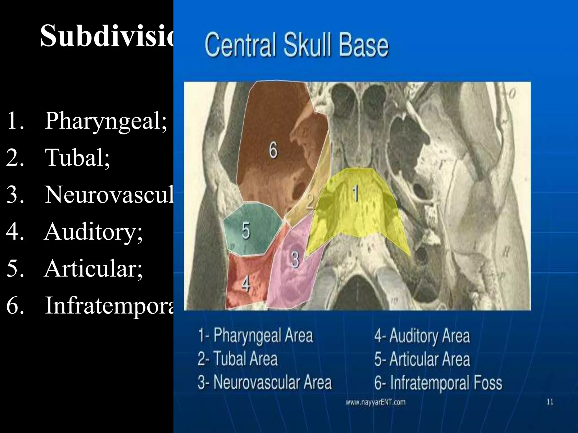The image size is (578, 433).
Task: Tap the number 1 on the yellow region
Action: [356, 193]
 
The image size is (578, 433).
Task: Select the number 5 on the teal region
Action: [246, 231]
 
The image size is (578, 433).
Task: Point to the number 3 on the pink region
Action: [295, 259]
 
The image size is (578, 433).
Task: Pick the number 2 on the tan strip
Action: [310, 201]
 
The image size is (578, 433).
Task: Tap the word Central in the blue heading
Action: [240, 45]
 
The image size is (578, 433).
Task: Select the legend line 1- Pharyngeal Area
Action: [255, 335]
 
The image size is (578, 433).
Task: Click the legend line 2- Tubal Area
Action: [238, 359]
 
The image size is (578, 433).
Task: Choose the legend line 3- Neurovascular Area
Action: [264, 382]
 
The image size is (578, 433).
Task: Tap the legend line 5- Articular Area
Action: [422, 359]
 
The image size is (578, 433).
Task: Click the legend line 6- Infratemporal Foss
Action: [438, 383]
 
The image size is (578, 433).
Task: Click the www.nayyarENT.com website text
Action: [375, 402]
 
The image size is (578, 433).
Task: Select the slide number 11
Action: [550, 402]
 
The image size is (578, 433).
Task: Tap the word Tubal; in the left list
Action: [78, 158]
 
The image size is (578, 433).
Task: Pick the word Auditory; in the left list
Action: [93, 232]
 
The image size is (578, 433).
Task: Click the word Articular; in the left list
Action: [93, 268]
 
